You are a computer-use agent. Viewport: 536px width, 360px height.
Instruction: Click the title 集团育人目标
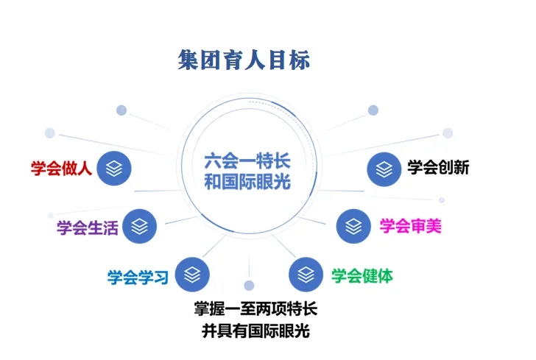click(x=244, y=60)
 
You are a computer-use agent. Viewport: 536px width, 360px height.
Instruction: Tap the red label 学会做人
click(x=62, y=168)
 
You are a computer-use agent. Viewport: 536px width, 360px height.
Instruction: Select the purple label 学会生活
click(x=88, y=227)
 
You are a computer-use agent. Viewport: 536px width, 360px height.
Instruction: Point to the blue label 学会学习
click(x=138, y=277)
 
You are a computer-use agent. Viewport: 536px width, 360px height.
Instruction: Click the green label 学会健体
click(x=362, y=275)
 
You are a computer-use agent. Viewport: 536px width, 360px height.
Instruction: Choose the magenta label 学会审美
click(x=411, y=225)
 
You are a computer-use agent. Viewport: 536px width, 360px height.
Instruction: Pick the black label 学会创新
click(x=438, y=167)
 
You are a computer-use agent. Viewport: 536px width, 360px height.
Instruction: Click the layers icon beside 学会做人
click(x=114, y=169)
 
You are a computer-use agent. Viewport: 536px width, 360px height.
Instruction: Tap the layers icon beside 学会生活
click(x=139, y=226)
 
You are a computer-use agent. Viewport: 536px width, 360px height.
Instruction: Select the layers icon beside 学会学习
click(x=192, y=274)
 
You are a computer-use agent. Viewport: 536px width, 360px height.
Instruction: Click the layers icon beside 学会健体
click(x=306, y=274)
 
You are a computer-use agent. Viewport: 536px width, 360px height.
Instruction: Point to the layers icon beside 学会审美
click(x=353, y=226)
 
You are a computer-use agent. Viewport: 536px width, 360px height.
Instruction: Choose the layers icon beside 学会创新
click(x=384, y=169)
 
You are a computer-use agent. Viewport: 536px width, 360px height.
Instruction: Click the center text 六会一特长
click(x=247, y=161)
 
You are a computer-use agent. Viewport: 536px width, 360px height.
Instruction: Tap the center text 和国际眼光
click(x=247, y=181)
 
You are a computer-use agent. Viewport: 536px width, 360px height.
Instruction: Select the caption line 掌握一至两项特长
click(x=255, y=308)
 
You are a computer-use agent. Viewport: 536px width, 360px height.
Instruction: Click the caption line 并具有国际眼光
click(x=255, y=331)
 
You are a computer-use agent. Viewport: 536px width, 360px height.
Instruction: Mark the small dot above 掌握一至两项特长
click(x=249, y=285)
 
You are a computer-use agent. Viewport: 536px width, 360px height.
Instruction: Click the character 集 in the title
click(x=188, y=60)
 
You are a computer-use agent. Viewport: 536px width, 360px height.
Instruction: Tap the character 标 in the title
click(x=300, y=60)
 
